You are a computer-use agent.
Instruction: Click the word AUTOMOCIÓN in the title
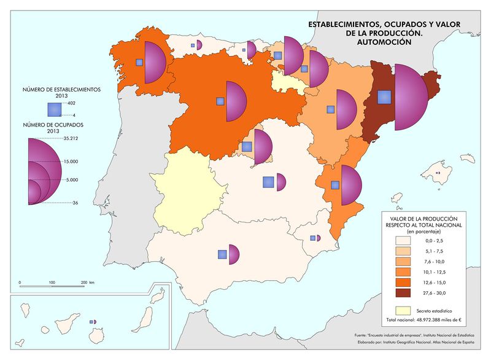pyautogui.click(x=381, y=42)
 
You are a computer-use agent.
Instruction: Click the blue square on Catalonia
pyautogui.click(x=384, y=97)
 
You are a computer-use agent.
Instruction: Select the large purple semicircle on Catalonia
pyautogui.click(x=410, y=97)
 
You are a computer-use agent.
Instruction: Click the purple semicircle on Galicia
pyautogui.click(x=155, y=62)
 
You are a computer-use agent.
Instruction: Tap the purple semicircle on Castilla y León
pyautogui.click(x=236, y=101)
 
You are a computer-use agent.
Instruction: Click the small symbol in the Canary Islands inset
pyautogui.click(x=93, y=322)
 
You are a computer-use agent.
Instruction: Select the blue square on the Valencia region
pyautogui.click(x=335, y=184)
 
